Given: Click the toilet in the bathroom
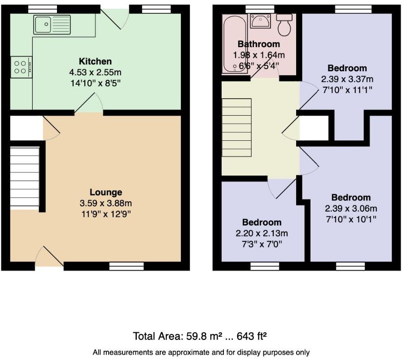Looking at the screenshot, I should point(284,26).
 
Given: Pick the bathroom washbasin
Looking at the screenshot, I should point(260,21).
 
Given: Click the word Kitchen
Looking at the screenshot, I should point(95,61).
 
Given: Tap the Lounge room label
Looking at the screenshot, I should point(105,193).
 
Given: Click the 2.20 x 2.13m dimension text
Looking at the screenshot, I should point(262,233).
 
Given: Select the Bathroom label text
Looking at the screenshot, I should point(258,44).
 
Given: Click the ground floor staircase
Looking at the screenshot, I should point(25,177).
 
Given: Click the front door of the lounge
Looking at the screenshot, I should point(48,259).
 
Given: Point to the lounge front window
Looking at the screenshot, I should point(126,266).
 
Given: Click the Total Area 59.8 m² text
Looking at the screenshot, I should point(201,336).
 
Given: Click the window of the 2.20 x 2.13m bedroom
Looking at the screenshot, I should point(265,266).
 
